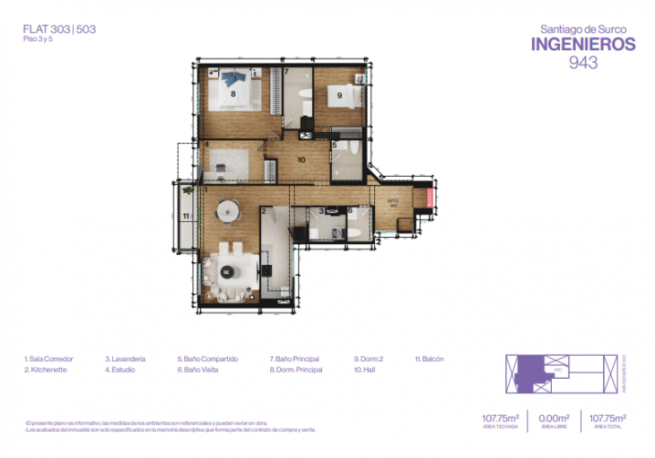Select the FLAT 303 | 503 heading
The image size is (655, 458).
pos(59,29)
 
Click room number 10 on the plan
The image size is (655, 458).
pos(301,161)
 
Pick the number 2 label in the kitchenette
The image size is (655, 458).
pos(266,212)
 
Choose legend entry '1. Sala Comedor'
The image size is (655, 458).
pos(48,359)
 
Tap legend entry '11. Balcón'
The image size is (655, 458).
pos(429,359)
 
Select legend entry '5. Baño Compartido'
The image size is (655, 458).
pos(207,359)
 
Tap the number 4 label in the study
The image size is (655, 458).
pos(206,144)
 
